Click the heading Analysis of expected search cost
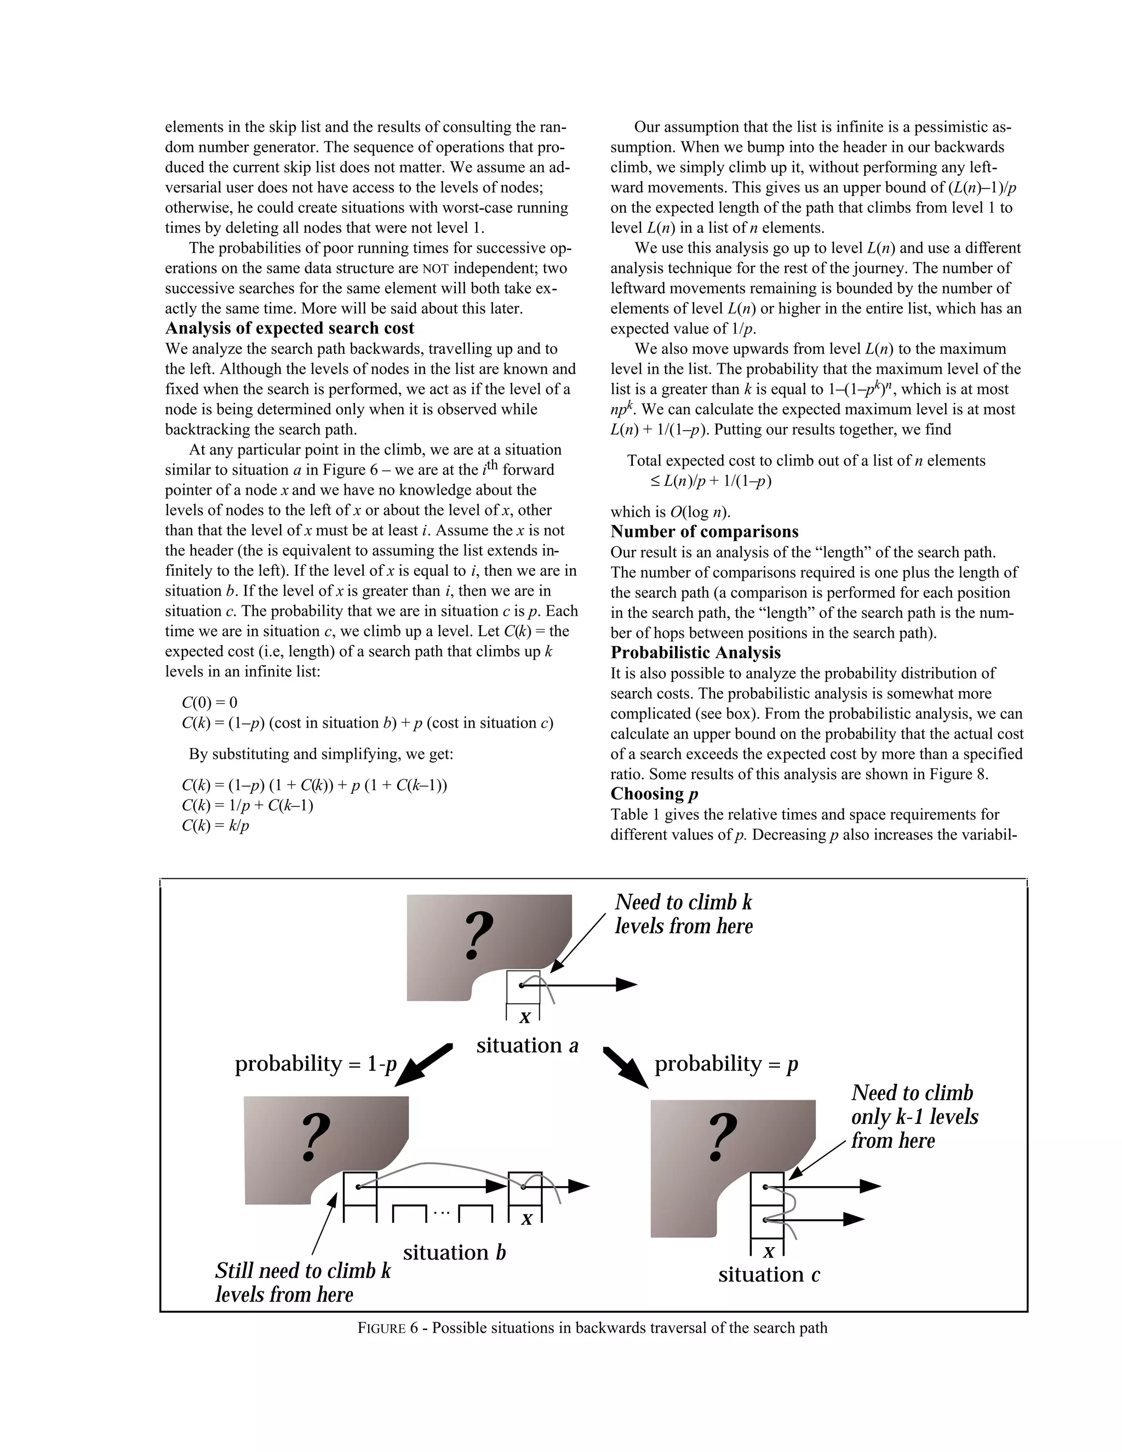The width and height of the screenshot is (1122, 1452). pyautogui.click(x=289, y=328)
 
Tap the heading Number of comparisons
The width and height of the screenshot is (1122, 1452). pyautogui.click(x=704, y=532)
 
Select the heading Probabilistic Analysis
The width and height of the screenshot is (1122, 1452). pyautogui.click(x=695, y=653)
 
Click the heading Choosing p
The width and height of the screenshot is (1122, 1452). pyautogui.click(x=654, y=794)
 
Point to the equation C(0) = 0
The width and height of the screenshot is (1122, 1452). pyautogui.click(x=209, y=703)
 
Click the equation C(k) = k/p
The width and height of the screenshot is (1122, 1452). pyautogui.click(x=215, y=826)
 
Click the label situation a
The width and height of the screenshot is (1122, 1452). pyautogui.click(x=527, y=1046)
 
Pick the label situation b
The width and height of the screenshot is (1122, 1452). pyautogui.click(x=454, y=1253)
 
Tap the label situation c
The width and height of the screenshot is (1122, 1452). pyautogui.click(x=769, y=1274)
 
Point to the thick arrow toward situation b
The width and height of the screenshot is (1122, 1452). pyautogui.click(x=423, y=1065)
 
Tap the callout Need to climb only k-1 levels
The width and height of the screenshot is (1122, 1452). pyautogui.click(x=914, y=1117)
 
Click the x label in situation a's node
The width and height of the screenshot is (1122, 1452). pyautogui.click(x=524, y=1017)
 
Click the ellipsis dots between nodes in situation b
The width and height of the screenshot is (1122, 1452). pyautogui.click(x=442, y=1213)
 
